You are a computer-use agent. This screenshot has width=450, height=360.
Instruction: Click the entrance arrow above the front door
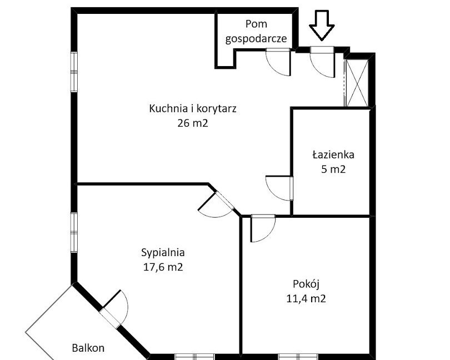coord(322,25)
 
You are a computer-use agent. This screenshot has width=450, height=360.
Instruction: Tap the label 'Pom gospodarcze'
coord(256,31)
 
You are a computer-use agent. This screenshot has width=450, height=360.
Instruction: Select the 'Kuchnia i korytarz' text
coord(193,109)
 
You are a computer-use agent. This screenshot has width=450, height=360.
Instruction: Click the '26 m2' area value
coord(193,123)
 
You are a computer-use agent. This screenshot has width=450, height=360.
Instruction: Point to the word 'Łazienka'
coord(333,155)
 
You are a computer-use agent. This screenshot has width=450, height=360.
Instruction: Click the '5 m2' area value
coord(333,169)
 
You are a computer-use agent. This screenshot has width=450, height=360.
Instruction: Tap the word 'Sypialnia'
coord(163,253)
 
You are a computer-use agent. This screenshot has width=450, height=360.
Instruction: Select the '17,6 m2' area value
coord(163,267)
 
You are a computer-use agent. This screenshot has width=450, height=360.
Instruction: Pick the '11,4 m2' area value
coord(306,298)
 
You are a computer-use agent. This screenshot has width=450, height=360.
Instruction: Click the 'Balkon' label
coord(88,348)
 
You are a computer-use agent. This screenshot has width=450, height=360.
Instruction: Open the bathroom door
coord(279,188)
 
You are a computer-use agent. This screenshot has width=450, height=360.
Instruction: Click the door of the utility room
coord(278,62)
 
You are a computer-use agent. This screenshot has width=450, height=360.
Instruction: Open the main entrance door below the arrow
coord(322,62)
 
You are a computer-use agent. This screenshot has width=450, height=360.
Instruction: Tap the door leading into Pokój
coord(263,228)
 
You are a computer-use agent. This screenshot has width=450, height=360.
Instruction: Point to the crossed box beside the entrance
coord(357,83)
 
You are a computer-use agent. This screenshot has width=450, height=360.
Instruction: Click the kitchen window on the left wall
coord(74,72)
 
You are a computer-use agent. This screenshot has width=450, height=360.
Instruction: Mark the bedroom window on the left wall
coord(74,233)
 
